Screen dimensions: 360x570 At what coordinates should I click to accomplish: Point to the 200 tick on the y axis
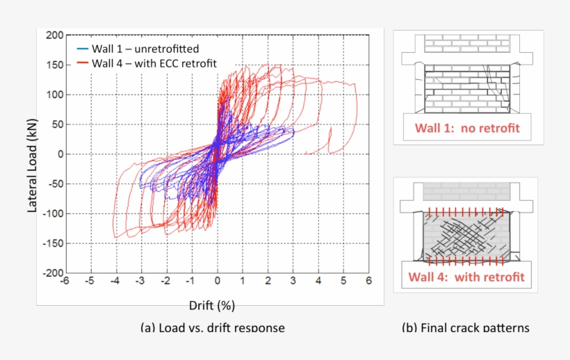55,35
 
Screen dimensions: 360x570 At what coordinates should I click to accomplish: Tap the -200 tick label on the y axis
54,273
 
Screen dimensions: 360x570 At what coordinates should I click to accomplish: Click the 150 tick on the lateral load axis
55,65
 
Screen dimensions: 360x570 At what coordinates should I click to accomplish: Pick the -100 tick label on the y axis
54,213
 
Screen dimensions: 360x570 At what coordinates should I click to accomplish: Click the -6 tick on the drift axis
64,281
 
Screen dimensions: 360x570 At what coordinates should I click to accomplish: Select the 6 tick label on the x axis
368,281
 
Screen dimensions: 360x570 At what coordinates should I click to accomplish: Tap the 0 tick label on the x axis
218,281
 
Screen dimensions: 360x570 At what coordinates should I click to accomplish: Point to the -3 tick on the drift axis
140,281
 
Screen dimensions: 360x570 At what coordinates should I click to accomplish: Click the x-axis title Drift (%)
215,305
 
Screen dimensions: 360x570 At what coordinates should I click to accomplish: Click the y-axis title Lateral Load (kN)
32,154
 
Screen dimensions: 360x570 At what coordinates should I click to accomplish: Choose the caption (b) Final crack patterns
465,327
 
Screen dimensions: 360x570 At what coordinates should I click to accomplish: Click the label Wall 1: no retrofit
467,128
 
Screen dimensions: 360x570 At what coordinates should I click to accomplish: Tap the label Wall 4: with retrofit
466,277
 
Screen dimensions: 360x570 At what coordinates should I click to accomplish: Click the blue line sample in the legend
82,49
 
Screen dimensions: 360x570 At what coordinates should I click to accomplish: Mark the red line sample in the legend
82,64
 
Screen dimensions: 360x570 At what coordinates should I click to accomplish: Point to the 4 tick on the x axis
318,281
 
